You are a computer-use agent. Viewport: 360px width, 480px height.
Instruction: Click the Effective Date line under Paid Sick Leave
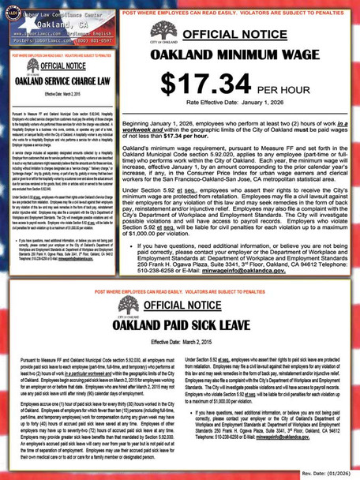click(180, 341)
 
